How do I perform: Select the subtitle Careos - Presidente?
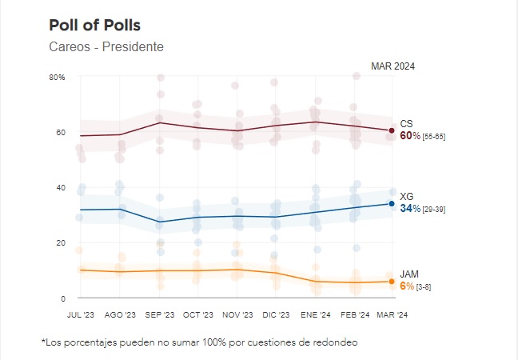[106, 46]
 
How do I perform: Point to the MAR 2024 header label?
[392, 66]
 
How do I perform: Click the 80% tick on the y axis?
[57, 78]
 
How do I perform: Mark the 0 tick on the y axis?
[61, 298]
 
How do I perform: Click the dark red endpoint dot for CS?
[392, 130]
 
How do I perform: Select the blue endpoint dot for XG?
[392, 203]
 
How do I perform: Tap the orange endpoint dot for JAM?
[392, 281]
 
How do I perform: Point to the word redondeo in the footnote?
[337, 342]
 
